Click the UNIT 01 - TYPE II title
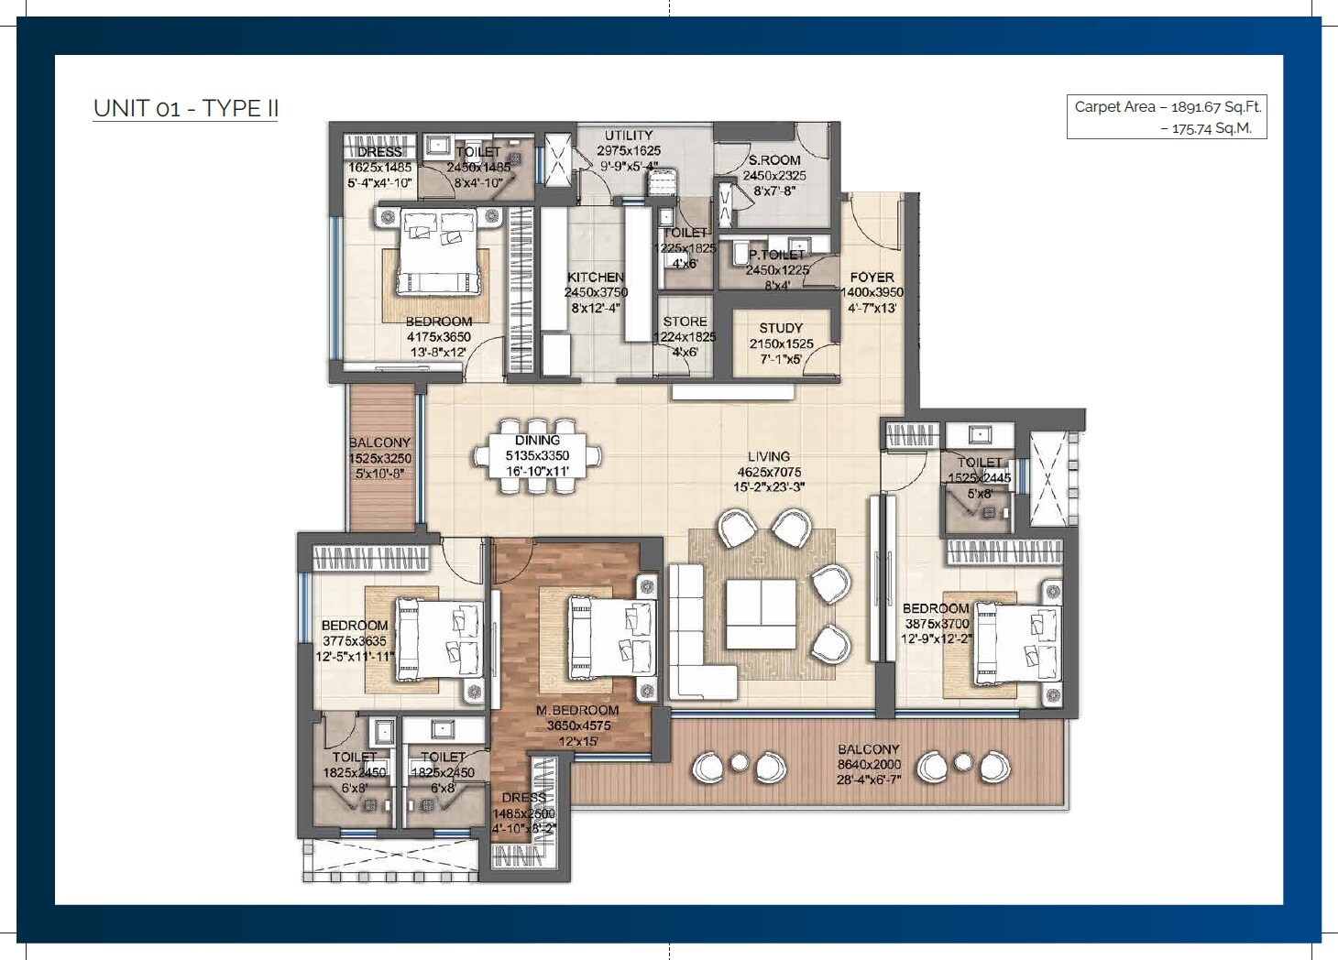(186, 108)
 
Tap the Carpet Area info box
(1166, 117)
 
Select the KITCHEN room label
(596, 278)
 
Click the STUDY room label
(781, 328)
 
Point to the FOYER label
(872, 277)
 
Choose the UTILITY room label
(629, 136)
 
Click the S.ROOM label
(774, 160)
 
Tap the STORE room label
(685, 322)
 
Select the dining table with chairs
(538, 456)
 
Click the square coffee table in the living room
(761, 614)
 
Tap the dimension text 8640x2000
(869, 764)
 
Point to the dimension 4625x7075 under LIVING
(768, 472)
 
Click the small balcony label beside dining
(379, 442)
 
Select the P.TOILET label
(776, 256)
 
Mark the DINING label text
(537, 440)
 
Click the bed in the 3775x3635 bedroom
(438, 638)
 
